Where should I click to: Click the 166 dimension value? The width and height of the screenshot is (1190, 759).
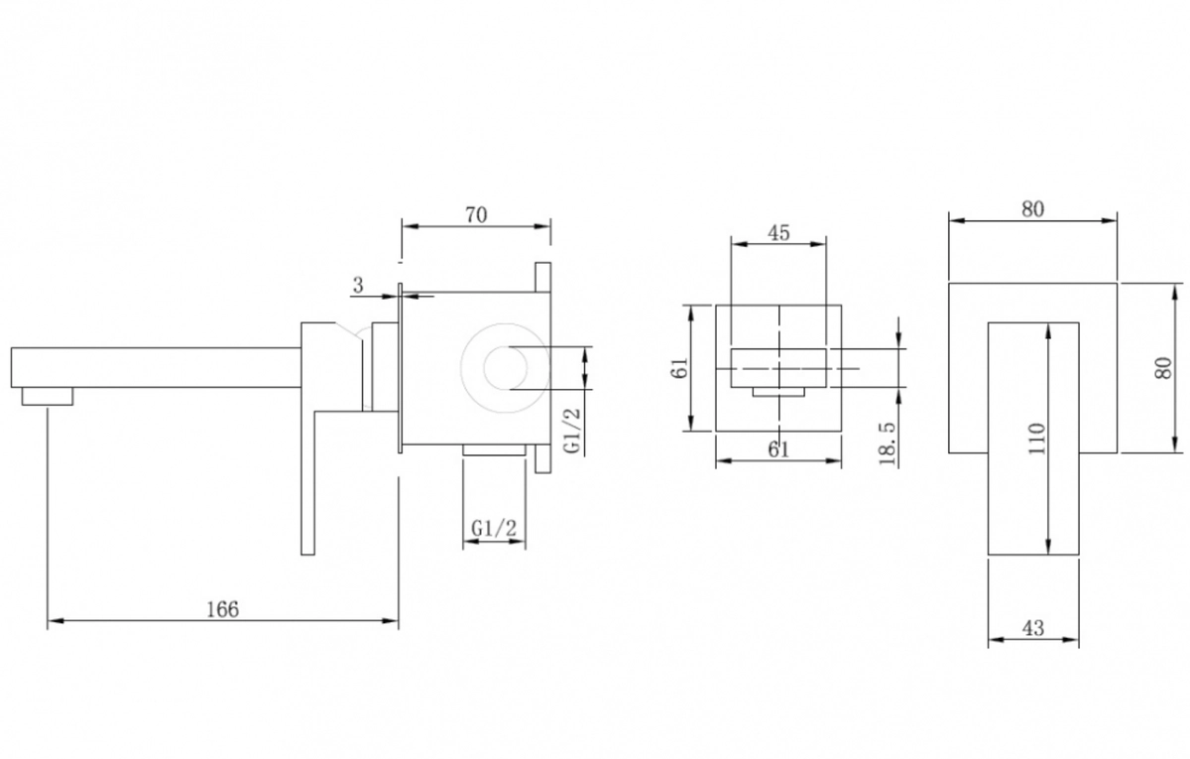click(x=222, y=609)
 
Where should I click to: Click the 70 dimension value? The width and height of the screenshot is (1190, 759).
click(x=476, y=214)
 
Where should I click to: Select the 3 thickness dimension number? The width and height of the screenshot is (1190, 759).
click(x=358, y=286)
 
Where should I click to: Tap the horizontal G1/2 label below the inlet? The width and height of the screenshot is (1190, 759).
click(x=494, y=528)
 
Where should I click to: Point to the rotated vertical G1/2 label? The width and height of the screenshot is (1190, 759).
click(x=573, y=431)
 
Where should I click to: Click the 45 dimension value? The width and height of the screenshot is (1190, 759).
click(x=778, y=233)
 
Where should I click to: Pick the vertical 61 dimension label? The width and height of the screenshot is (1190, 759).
click(x=679, y=368)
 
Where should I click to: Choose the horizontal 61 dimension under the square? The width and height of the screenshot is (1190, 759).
click(x=778, y=449)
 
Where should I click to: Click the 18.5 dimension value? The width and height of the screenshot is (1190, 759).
click(x=888, y=443)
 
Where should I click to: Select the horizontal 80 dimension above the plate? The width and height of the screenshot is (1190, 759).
click(x=1032, y=209)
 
